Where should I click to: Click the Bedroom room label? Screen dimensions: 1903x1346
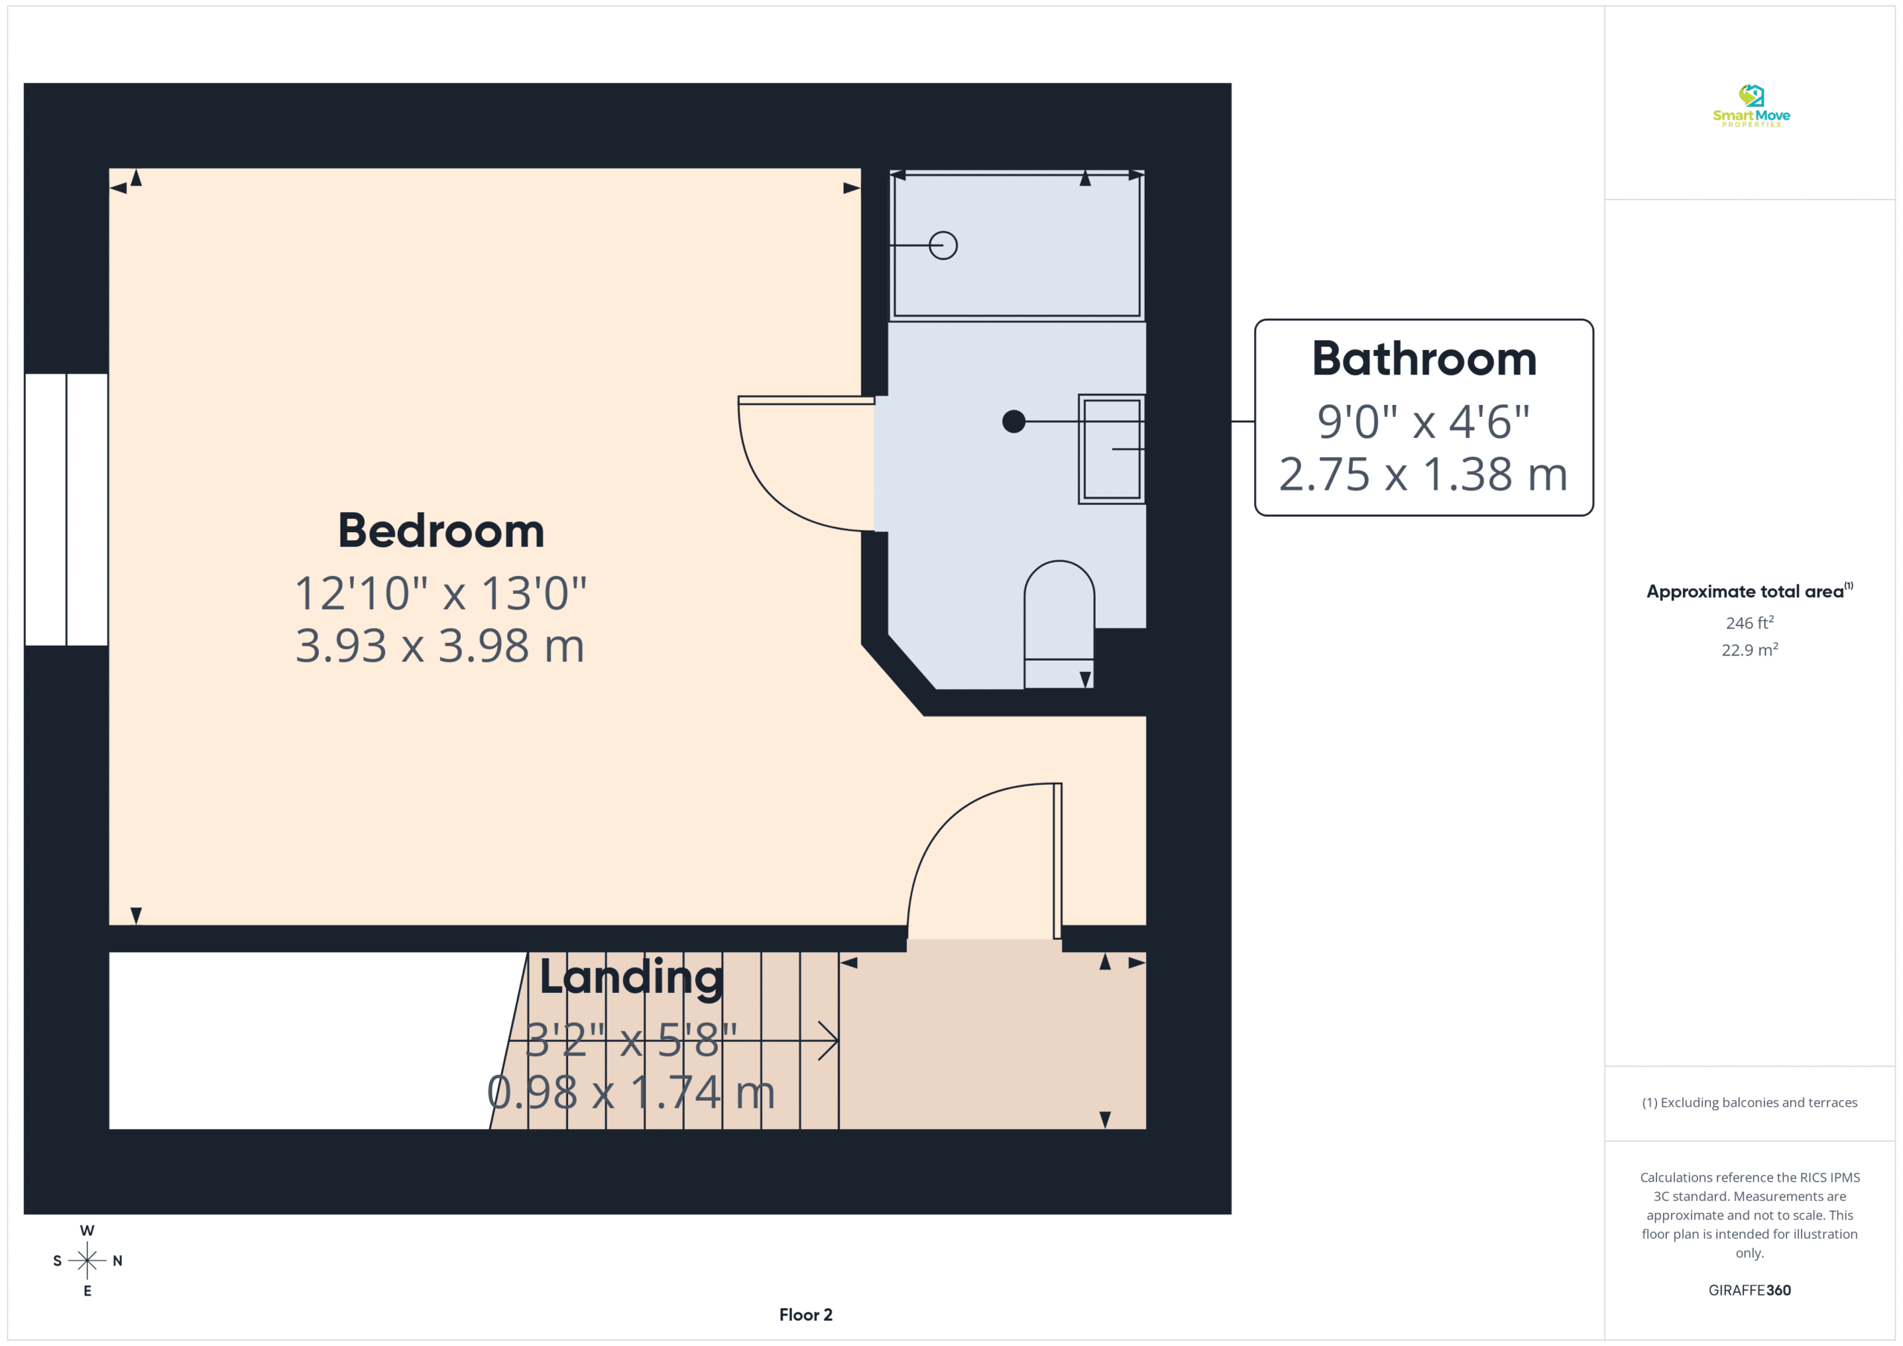point(441,531)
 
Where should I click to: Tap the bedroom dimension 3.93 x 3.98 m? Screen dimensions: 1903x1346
point(440,646)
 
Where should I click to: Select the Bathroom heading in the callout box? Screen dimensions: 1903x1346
point(1424,359)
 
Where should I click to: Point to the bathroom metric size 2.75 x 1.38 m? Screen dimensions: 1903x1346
point(1423,474)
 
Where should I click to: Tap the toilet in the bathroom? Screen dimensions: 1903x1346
point(1059,624)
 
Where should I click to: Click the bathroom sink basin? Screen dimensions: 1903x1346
point(1111,449)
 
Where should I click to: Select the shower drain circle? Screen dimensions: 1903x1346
point(943,245)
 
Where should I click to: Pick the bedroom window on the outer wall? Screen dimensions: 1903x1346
point(66,510)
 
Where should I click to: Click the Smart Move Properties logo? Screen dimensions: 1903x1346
point(1751,106)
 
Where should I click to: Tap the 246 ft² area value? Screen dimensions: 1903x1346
point(1750,622)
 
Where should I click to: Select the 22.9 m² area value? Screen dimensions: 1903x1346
point(1750,650)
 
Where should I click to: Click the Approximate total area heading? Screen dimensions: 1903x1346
point(1749,591)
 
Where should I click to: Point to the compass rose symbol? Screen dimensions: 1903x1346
point(87,1261)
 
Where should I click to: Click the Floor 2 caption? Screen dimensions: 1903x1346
point(806,1315)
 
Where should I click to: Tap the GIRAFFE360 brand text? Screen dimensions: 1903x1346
point(1750,1290)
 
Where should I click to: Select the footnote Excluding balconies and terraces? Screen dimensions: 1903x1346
point(1750,1102)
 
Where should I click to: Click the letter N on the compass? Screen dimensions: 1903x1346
point(117,1261)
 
